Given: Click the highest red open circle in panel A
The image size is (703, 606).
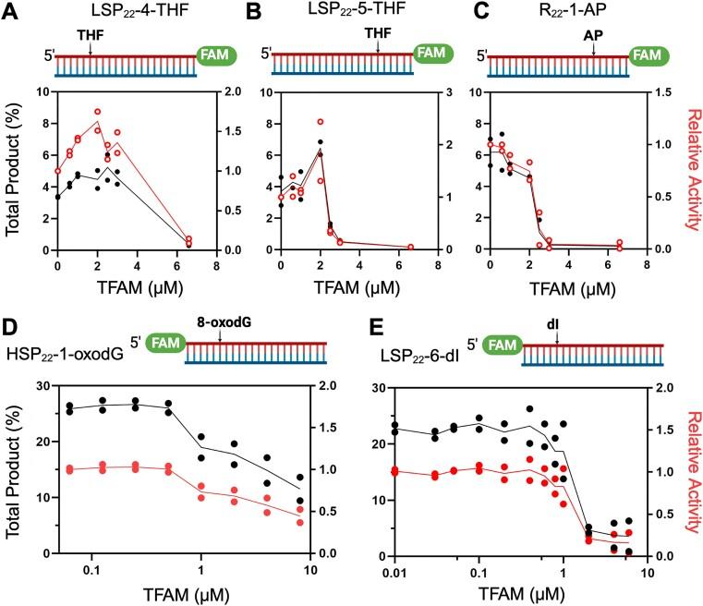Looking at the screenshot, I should coord(97,112).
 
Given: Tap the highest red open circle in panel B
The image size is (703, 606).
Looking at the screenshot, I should coord(320,122).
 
